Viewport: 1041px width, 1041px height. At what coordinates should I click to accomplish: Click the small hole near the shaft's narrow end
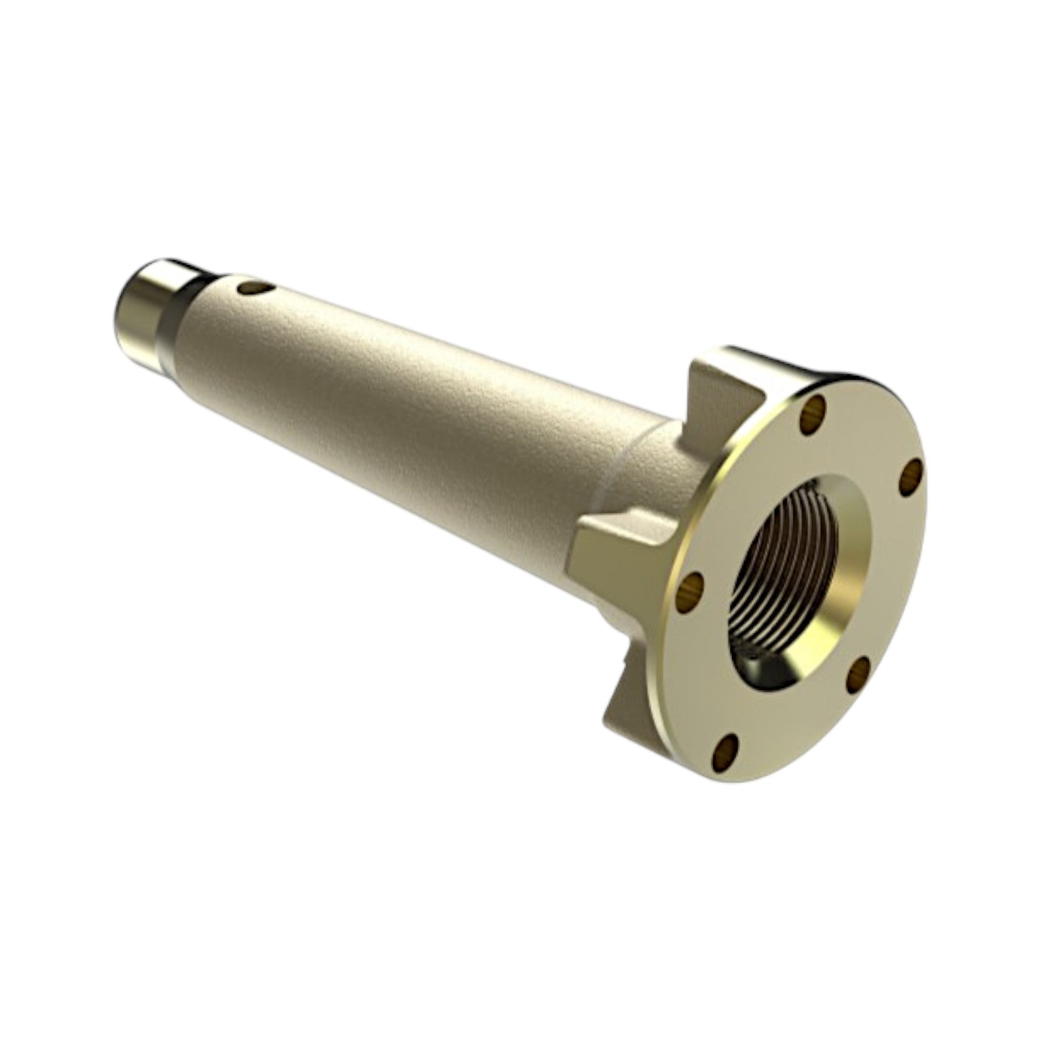point(250,289)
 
